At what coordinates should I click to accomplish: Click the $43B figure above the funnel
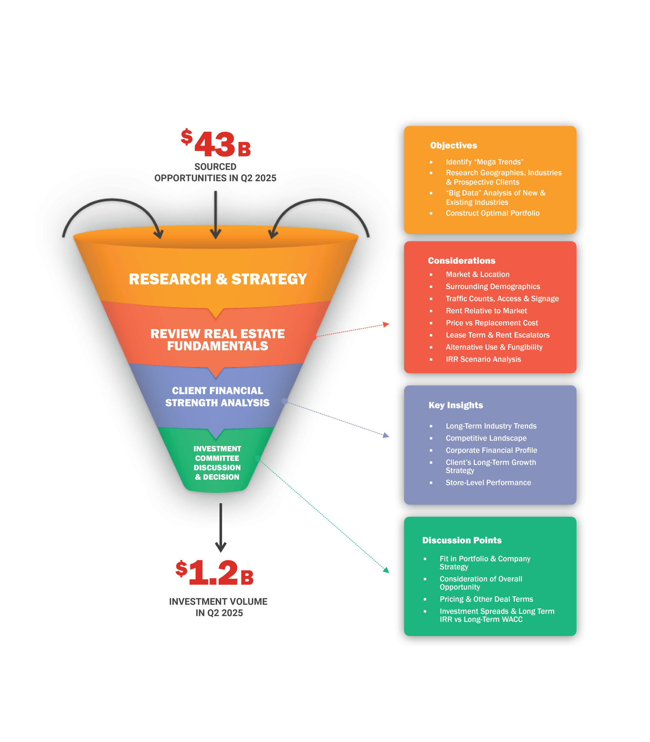click(x=216, y=144)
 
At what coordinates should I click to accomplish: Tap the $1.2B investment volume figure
click(x=215, y=572)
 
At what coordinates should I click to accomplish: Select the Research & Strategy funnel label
click(x=218, y=279)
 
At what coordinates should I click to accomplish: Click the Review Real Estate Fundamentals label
click(x=218, y=340)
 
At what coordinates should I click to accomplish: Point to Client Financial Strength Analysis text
click(x=217, y=397)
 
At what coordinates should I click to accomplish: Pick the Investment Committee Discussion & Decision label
click(x=217, y=463)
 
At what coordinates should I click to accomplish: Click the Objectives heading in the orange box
click(x=453, y=146)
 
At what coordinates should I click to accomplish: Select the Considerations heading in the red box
click(x=461, y=260)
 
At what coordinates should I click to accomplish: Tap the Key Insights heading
click(x=456, y=405)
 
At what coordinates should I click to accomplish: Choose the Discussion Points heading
click(x=462, y=540)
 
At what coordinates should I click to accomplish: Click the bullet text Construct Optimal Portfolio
click(x=492, y=213)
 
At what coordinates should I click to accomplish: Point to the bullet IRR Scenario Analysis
click(x=483, y=359)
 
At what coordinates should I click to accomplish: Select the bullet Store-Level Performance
click(x=488, y=483)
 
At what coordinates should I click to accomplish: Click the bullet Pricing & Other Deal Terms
click(x=486, y=599)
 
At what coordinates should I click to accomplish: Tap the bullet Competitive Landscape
click(x=486, y=438)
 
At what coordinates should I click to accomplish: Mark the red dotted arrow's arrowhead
click(x=386, y=324)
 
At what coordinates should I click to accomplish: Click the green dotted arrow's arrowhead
click(x=386, y=570)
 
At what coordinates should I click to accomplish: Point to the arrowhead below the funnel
click(x=220, y=547)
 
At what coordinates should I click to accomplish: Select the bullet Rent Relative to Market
click(x=486, y=311)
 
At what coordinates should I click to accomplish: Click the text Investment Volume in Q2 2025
click(x=218, y=607)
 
